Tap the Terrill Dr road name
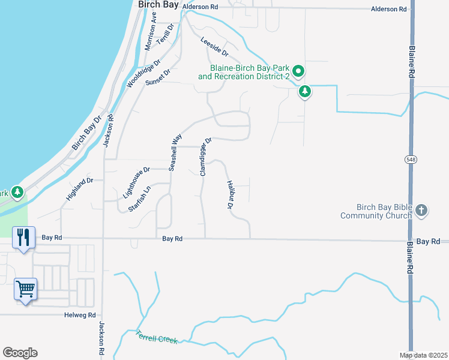(x=165, y=35)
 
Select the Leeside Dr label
(x=215, y=44)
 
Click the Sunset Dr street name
(x=158, y=78)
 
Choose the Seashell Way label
(x=175, y=152)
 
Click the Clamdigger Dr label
(x=206, y=157)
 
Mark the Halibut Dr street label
(x=229, y=195)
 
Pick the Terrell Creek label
(x=157, y=337)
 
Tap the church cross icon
(x=422, y=210)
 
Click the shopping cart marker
(x=26, y=290)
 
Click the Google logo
(x=20, y=353)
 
